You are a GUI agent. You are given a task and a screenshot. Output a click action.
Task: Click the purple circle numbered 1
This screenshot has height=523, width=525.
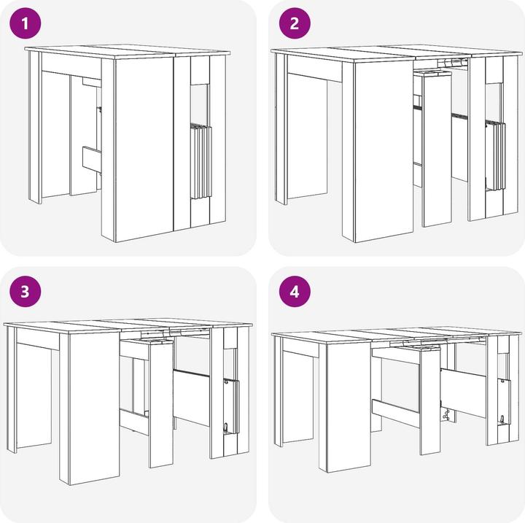point(26,23)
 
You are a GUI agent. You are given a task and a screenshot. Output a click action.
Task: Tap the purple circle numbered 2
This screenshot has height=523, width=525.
point(295,23)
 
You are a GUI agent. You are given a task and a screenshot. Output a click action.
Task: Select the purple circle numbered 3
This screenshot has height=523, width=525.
point(26,292)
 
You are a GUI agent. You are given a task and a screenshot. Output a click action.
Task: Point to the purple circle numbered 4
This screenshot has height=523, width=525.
point(295,292)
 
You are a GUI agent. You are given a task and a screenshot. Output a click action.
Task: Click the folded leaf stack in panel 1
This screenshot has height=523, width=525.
point(201,161)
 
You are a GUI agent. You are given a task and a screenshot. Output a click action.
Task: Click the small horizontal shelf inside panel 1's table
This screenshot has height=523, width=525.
point(92,160)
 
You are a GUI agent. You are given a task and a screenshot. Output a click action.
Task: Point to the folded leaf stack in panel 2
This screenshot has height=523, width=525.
point(496,156)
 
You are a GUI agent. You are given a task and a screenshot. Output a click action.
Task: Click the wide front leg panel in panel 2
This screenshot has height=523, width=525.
point(384,151)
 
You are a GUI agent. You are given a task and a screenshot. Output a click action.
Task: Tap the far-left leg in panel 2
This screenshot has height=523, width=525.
point(281,129)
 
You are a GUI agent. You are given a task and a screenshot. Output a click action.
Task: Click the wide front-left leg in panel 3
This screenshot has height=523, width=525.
point(94,407)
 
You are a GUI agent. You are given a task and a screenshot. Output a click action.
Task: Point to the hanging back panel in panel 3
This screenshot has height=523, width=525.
point(192,398)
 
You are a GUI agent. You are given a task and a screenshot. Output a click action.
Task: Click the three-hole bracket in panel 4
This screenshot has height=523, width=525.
point(446,416)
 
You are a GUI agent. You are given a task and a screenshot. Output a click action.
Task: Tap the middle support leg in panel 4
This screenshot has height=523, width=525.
point(430,401)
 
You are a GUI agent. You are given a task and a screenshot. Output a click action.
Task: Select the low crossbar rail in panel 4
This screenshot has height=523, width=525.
point(395,413)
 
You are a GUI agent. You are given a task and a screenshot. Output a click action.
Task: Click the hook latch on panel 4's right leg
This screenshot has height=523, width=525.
point(502,419)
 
